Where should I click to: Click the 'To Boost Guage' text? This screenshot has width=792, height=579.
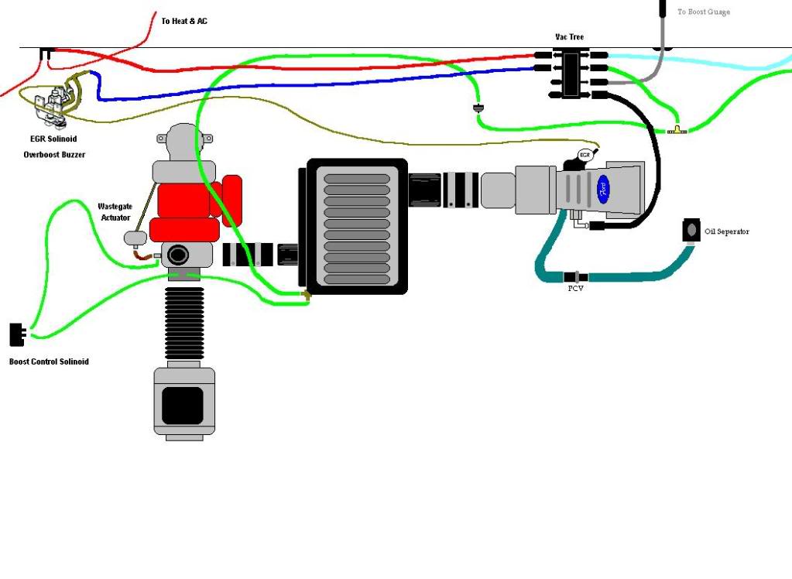[x=703, y=12]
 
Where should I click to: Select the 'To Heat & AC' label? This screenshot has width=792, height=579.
[x=184, y=21]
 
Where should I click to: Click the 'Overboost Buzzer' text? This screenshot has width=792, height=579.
[x=54, y=154]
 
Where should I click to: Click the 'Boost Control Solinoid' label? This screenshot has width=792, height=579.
[x=49, y=361]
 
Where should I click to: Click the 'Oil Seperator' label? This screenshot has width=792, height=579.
[x=726, y=231]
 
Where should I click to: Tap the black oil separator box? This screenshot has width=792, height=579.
[x=691, y=231]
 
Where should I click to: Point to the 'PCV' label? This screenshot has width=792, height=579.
[x=575, y=288]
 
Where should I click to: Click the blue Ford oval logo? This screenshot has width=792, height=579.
[x=604, y=187]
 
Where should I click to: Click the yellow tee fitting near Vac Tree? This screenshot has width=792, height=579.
[x=677, y=129]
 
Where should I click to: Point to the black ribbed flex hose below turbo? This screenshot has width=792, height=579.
[x=184, y=325]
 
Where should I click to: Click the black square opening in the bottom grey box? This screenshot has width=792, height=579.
[x=183, y=405]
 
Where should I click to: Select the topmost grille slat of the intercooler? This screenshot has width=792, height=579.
[x=357, y=179]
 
